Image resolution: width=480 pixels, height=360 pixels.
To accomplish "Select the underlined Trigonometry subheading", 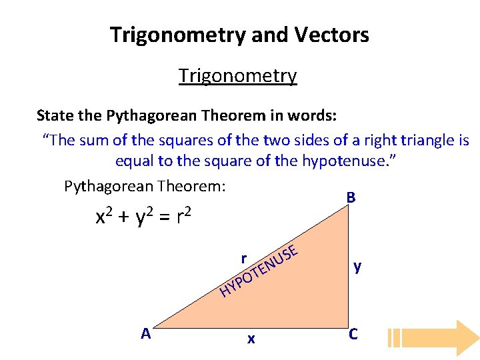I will point(237,76).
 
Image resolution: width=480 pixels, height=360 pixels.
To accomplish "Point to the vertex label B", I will point(351,199).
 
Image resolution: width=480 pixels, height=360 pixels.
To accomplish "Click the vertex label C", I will point(353,334).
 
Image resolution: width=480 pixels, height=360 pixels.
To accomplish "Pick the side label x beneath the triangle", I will point(251,339).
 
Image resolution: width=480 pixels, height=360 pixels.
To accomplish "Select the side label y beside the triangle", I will point(358,267).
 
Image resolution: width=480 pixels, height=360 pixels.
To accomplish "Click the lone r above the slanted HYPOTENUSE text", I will point(245,258).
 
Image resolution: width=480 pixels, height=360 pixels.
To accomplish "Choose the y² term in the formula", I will point(145,217).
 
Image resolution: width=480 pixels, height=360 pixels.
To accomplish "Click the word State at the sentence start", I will point(55,115).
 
